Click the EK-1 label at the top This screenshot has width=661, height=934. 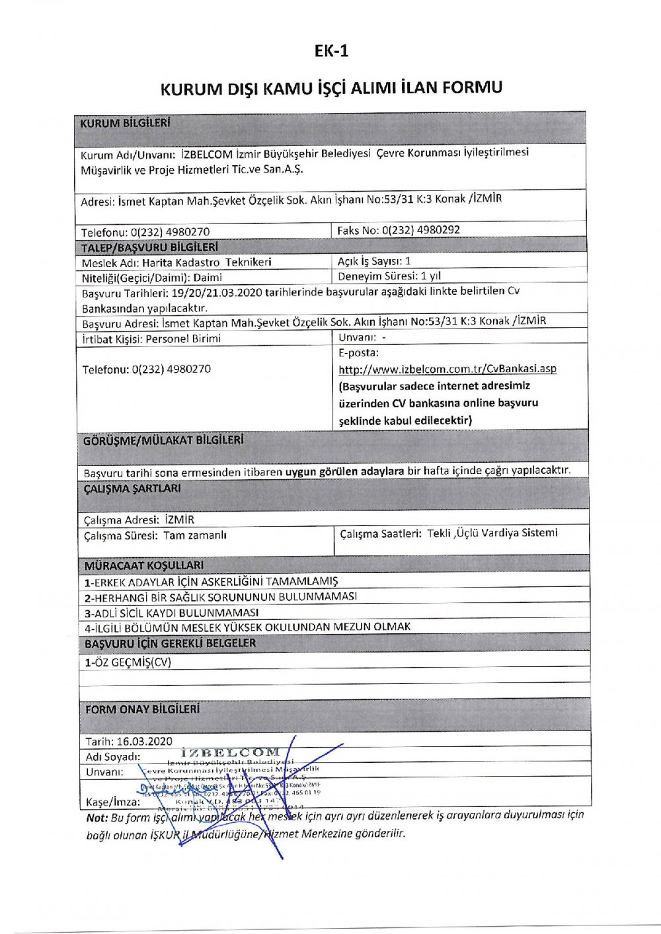pyautogui.click(x=331, y=51)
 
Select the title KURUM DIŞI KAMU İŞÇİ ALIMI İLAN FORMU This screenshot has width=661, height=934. pyautogui.click(x=331, y=88)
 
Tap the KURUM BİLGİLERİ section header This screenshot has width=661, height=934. pyautogui.click(x=125, y=123)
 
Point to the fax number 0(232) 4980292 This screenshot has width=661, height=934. pyautogui.click(x=420, y=230)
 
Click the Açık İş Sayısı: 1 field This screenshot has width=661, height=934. pyautogui.click(x=374, y=261)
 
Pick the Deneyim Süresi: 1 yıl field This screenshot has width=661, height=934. pyautogui.click(x=389, y=276)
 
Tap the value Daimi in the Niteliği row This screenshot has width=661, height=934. pyautogui.click(x=208, y=278)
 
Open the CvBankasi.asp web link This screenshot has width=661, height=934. pyautogui.click(x=447, y=369)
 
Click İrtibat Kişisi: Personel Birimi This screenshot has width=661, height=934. pyautogui.click(x=151, y=338)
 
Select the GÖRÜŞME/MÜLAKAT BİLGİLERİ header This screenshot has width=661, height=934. pyautogui.click(x=163, y=440)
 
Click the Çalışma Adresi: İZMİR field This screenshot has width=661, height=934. pyautogui.click(x=139, y=520)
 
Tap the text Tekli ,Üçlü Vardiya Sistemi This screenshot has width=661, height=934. pyautogui.click(x=492, y=533)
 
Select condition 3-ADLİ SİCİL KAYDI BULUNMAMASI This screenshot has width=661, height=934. pyautogui.click(x=171, y=612)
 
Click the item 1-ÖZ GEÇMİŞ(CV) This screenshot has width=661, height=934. pyautogui.click(x=128, y=662)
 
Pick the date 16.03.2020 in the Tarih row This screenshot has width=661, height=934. pyautogui.click(x=144, y=741)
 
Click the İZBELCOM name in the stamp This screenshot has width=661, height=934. pyautogui.click(x=230, y=752)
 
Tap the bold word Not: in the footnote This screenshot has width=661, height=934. pyautogui.click(x=97, y=818)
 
